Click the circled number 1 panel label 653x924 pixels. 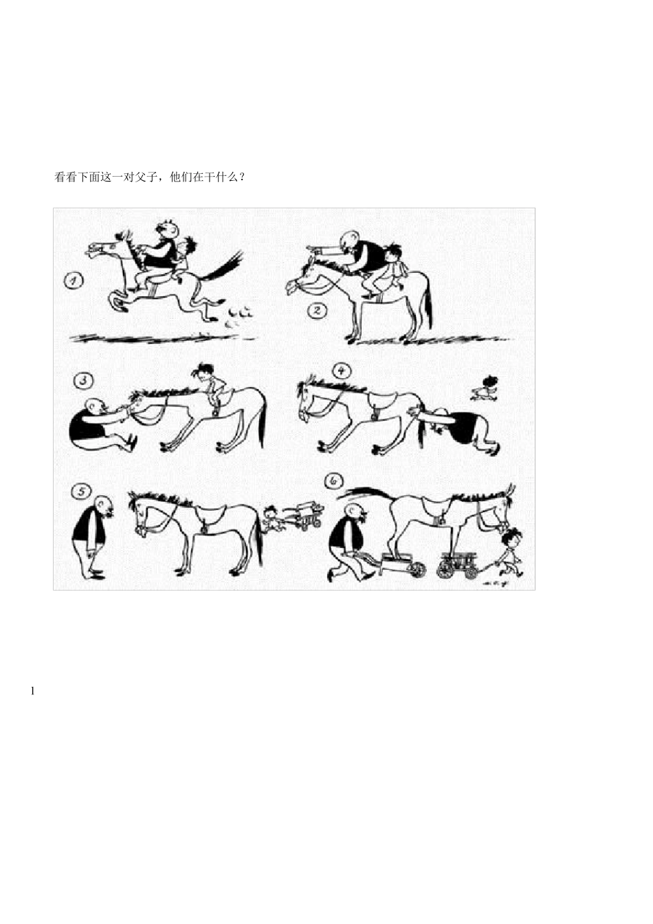(x=74, y=282)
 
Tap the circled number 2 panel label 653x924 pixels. (x=317, y=309)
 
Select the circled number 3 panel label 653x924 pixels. (x=83, y=381)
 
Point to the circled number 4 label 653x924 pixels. (x=340, y=370)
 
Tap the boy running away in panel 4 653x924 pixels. (x=485, y=388)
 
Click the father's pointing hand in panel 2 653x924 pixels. (x=312, y=249)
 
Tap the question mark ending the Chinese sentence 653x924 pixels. (x=242, y=177)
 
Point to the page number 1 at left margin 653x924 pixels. (x=32, y=691)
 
